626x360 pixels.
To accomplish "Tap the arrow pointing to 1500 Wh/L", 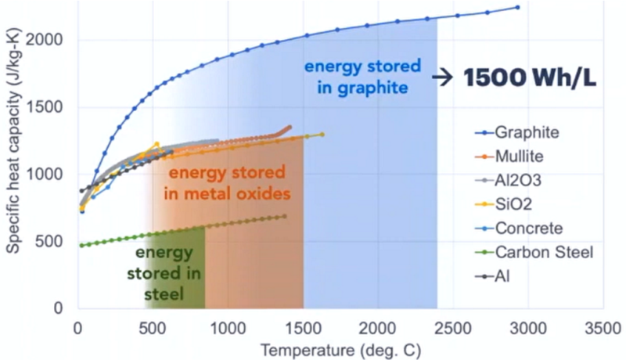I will [444, 77].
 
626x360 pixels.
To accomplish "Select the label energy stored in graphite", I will [362, 76].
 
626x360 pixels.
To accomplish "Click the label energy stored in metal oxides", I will [225, 182].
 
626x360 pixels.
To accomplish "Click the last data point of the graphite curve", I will [517, 8].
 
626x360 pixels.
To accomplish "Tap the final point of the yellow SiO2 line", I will [322, 135].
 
